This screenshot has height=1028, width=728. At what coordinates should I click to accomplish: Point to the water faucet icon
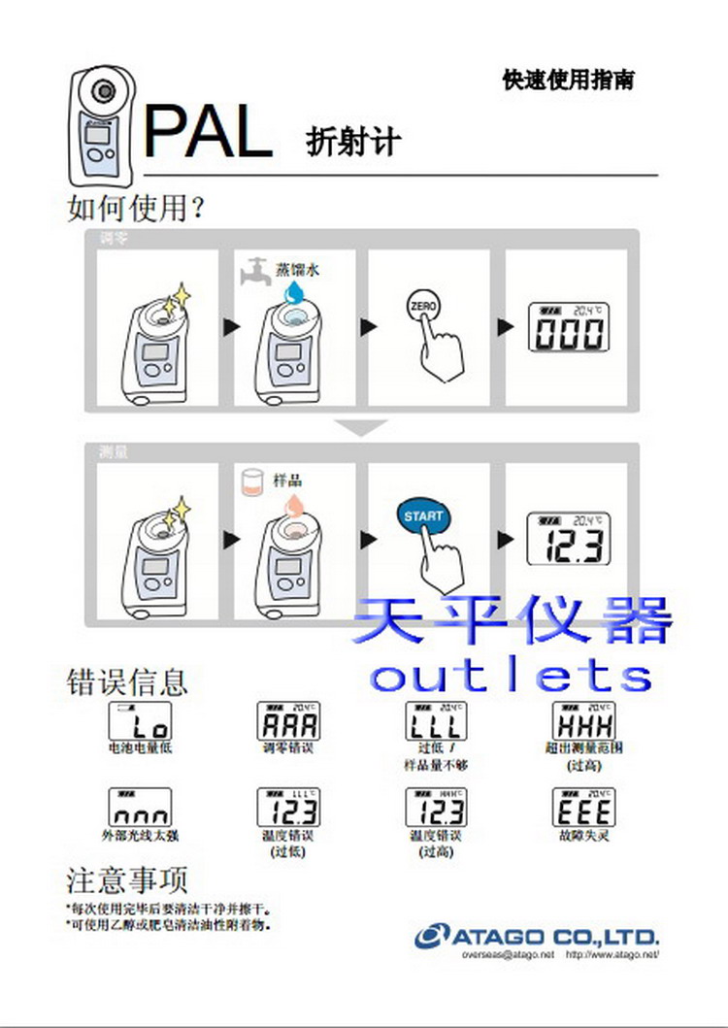pos(254,271)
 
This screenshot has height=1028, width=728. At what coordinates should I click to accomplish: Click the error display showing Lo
pos(140,720)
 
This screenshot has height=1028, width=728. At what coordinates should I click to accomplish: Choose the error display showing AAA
pos(288,720)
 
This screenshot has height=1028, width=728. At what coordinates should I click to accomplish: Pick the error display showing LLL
pos(434,720)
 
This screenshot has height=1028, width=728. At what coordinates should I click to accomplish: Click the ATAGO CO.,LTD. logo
pos(537,937)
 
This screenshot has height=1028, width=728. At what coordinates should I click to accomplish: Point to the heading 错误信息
pos(126,680)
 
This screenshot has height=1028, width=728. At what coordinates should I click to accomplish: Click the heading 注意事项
pos(126,879)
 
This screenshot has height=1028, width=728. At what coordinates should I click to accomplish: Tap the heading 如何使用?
pos(135,207)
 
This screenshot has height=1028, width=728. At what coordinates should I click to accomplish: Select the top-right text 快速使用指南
pos(568,80)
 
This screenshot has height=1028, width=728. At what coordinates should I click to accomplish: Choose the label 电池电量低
pos(140,748)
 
